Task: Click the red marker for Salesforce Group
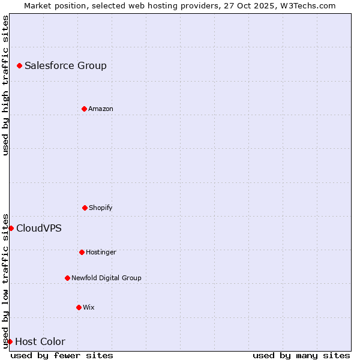coord(19,65)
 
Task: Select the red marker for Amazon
coord(84,109)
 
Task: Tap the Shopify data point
coord(85,208)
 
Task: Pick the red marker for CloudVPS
coord(11,228)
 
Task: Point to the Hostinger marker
coord(82,252)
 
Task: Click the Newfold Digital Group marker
coord(67,278)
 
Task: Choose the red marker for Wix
coord(79,307)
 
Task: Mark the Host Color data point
coord(10,341)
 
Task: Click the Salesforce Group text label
coord(65,65)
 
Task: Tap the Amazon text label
coord(101,109)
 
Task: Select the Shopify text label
coord(101,208)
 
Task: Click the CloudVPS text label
coord(39,228)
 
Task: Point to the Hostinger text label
coord(101,252)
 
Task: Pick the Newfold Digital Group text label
coord(106,278)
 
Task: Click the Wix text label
coord(89,307)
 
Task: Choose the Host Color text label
coord(40,341)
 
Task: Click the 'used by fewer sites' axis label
coord(62,355)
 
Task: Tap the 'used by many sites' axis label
coord(301,355)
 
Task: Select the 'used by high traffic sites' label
coord(5,85)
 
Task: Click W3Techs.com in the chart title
coord(309,5)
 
